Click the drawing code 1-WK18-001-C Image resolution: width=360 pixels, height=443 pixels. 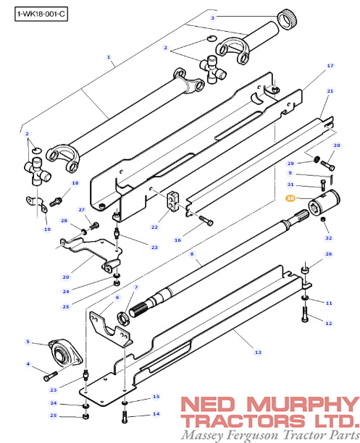click(x=35, y=14)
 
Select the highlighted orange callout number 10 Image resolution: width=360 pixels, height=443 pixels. click(x=290, y=198)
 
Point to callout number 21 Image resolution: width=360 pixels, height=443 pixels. click(x=330, y=91)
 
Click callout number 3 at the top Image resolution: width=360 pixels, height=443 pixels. click(x=212, y=17)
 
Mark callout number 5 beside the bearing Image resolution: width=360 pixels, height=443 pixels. click(x=28, y=342)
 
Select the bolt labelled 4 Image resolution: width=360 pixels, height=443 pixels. click(x=49, y=376)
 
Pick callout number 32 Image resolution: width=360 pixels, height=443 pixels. click(x=328, y=237)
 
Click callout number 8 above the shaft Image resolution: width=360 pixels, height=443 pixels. click(x=192, y=254)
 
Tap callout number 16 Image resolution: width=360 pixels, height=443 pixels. click(x=177, y=240)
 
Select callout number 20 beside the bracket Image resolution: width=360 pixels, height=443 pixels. click(x=66, y=277)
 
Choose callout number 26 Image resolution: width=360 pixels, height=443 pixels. click(x=328, y=254)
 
